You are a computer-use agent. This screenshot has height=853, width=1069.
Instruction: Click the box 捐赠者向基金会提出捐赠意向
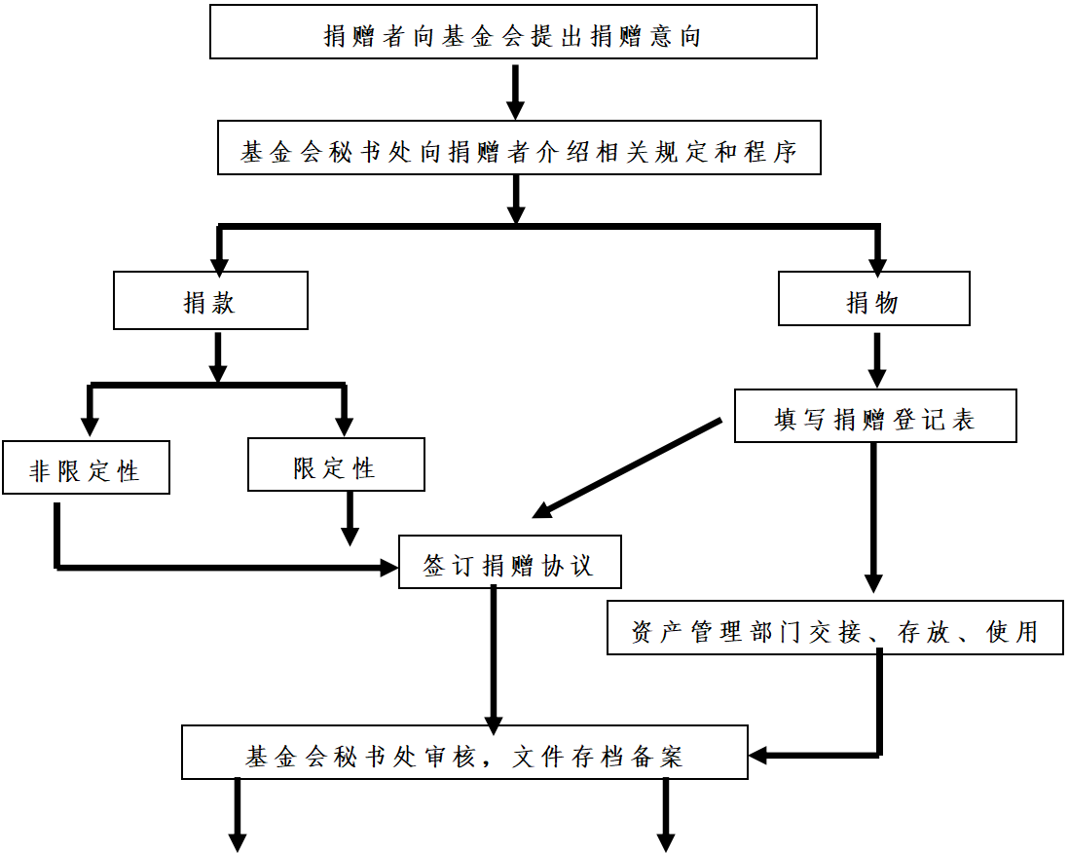(513, 32)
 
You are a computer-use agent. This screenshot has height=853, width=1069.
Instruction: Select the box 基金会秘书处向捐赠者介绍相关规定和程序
(519, 148)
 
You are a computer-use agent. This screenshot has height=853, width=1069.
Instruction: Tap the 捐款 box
(210, 301)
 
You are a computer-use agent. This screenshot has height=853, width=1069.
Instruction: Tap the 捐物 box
(874, 299)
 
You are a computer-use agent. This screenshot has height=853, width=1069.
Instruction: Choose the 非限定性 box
(86, 467)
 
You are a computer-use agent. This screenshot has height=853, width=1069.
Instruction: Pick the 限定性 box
(336, 465)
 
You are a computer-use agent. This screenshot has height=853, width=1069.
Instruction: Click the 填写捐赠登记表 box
(875, 416)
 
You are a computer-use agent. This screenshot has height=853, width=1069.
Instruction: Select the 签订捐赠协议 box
(510, 562)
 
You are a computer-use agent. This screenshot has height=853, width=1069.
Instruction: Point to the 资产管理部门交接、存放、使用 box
(835, 628)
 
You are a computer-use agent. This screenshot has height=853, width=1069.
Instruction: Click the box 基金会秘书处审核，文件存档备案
(464, 753)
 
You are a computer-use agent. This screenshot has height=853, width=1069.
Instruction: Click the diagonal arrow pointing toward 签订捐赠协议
(627, 469)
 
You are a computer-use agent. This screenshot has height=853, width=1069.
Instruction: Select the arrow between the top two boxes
(516, 93)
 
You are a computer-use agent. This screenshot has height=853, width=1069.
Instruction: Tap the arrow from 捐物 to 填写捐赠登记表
(877, 360)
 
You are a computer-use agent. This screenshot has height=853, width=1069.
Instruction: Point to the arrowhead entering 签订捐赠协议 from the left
(389, 567)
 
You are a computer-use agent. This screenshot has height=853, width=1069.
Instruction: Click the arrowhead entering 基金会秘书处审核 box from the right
(758, 755)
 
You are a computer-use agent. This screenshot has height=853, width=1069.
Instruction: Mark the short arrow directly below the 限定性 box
(350, 519)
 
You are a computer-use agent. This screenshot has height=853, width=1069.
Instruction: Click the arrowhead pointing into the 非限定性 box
(90, 426)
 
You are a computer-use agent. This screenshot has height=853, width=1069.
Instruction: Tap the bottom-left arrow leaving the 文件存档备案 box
(238, 815)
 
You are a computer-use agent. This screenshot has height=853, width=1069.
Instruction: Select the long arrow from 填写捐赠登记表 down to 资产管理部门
(873, 517)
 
